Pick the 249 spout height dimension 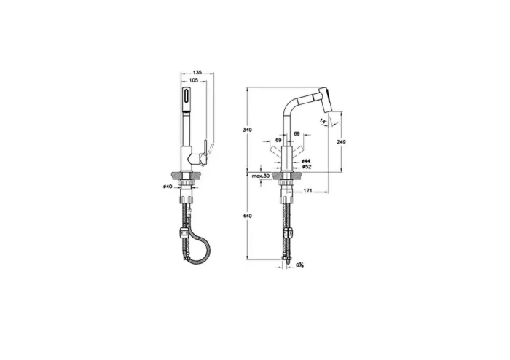(342, 143)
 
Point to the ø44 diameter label (307, 160)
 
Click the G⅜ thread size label (301, 266)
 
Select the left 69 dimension (279, 134)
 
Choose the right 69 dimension (297, 134)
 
